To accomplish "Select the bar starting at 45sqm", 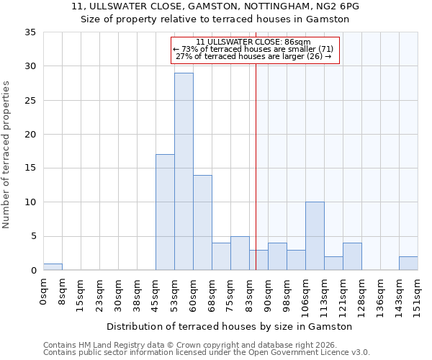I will [x=165, y=212].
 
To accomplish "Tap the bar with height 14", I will [x=202, y=222].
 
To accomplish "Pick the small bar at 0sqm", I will [x=53, y=267].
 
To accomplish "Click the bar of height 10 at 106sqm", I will [x=315, y=236].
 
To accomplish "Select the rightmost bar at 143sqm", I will [x=408, y=264].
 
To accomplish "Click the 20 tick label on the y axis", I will [x=30, y=135].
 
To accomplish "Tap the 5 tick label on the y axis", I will [x=33, y=236].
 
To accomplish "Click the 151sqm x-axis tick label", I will [x=418, y=296].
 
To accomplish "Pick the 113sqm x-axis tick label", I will [x=324, y=296].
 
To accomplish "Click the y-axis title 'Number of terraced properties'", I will [x=6, y=154].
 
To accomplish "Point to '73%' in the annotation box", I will [x=189, y=49].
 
